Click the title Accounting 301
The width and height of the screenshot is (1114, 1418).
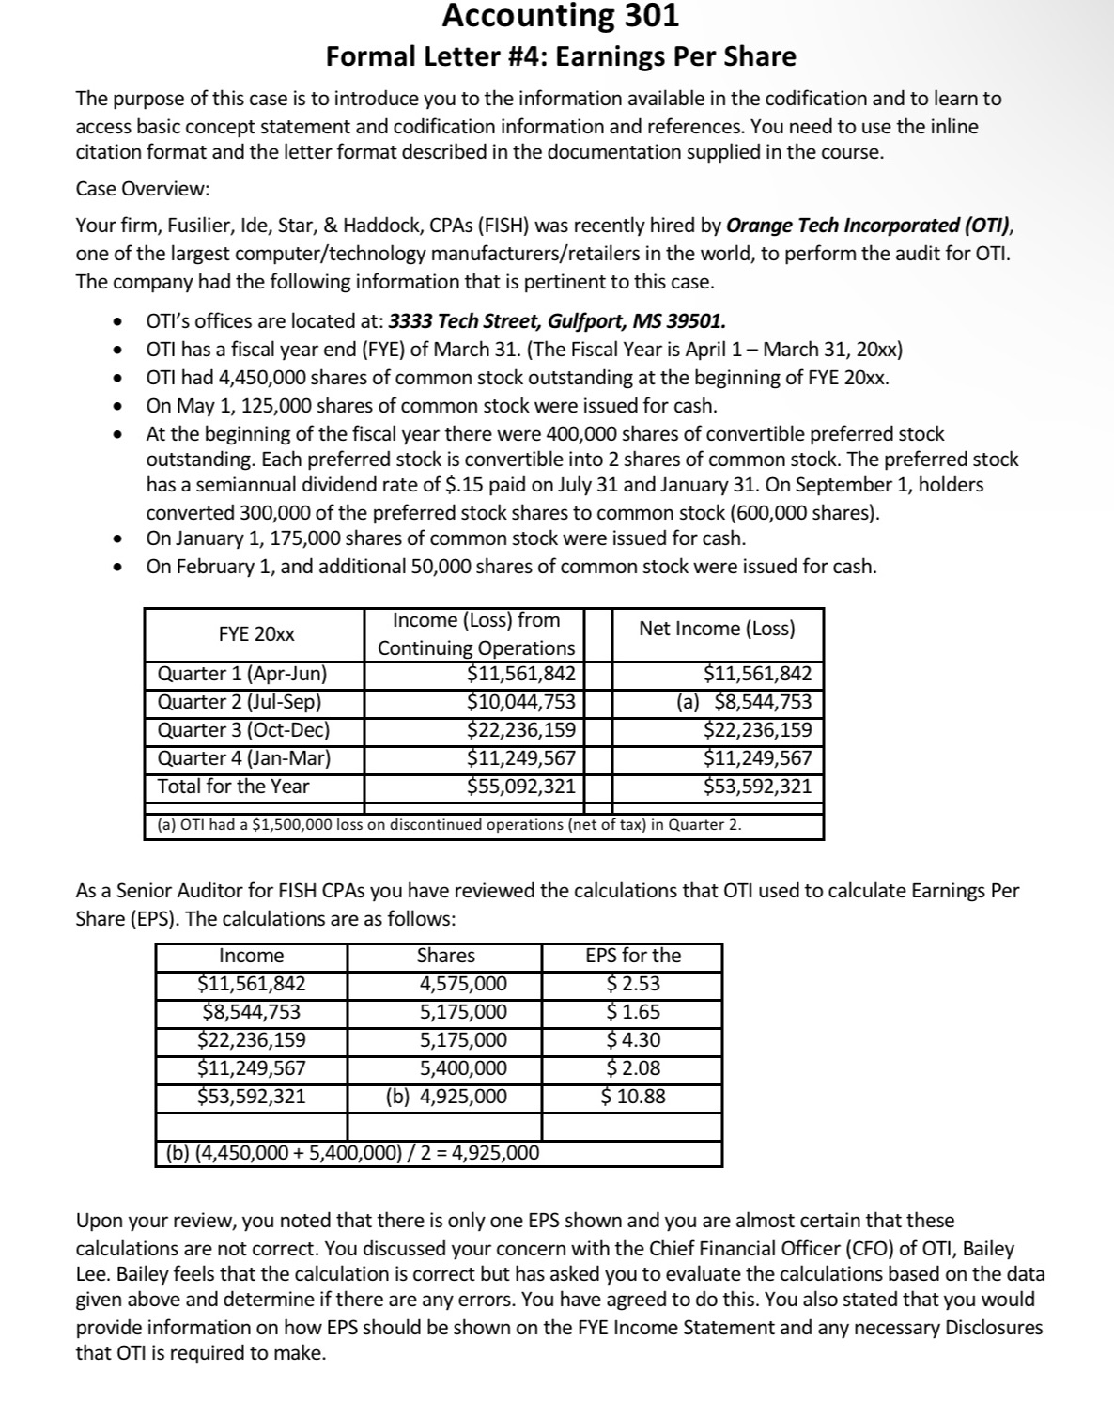560,16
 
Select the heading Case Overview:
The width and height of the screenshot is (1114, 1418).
143,188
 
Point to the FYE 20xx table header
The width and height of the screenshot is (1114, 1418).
255,634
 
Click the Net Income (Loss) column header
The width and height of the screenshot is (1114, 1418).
717,629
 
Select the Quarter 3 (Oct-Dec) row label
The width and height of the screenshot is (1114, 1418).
243,730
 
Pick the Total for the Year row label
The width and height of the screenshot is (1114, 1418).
233,787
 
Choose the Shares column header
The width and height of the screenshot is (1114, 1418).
445,956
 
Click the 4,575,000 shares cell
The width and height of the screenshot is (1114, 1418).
462,984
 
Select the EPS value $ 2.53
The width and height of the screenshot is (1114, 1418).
633,984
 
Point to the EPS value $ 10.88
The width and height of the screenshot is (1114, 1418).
633,1096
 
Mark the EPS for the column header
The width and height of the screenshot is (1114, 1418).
633,956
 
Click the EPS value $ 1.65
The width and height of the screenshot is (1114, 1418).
633,1012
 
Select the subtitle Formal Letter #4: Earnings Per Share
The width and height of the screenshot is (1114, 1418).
561,56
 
